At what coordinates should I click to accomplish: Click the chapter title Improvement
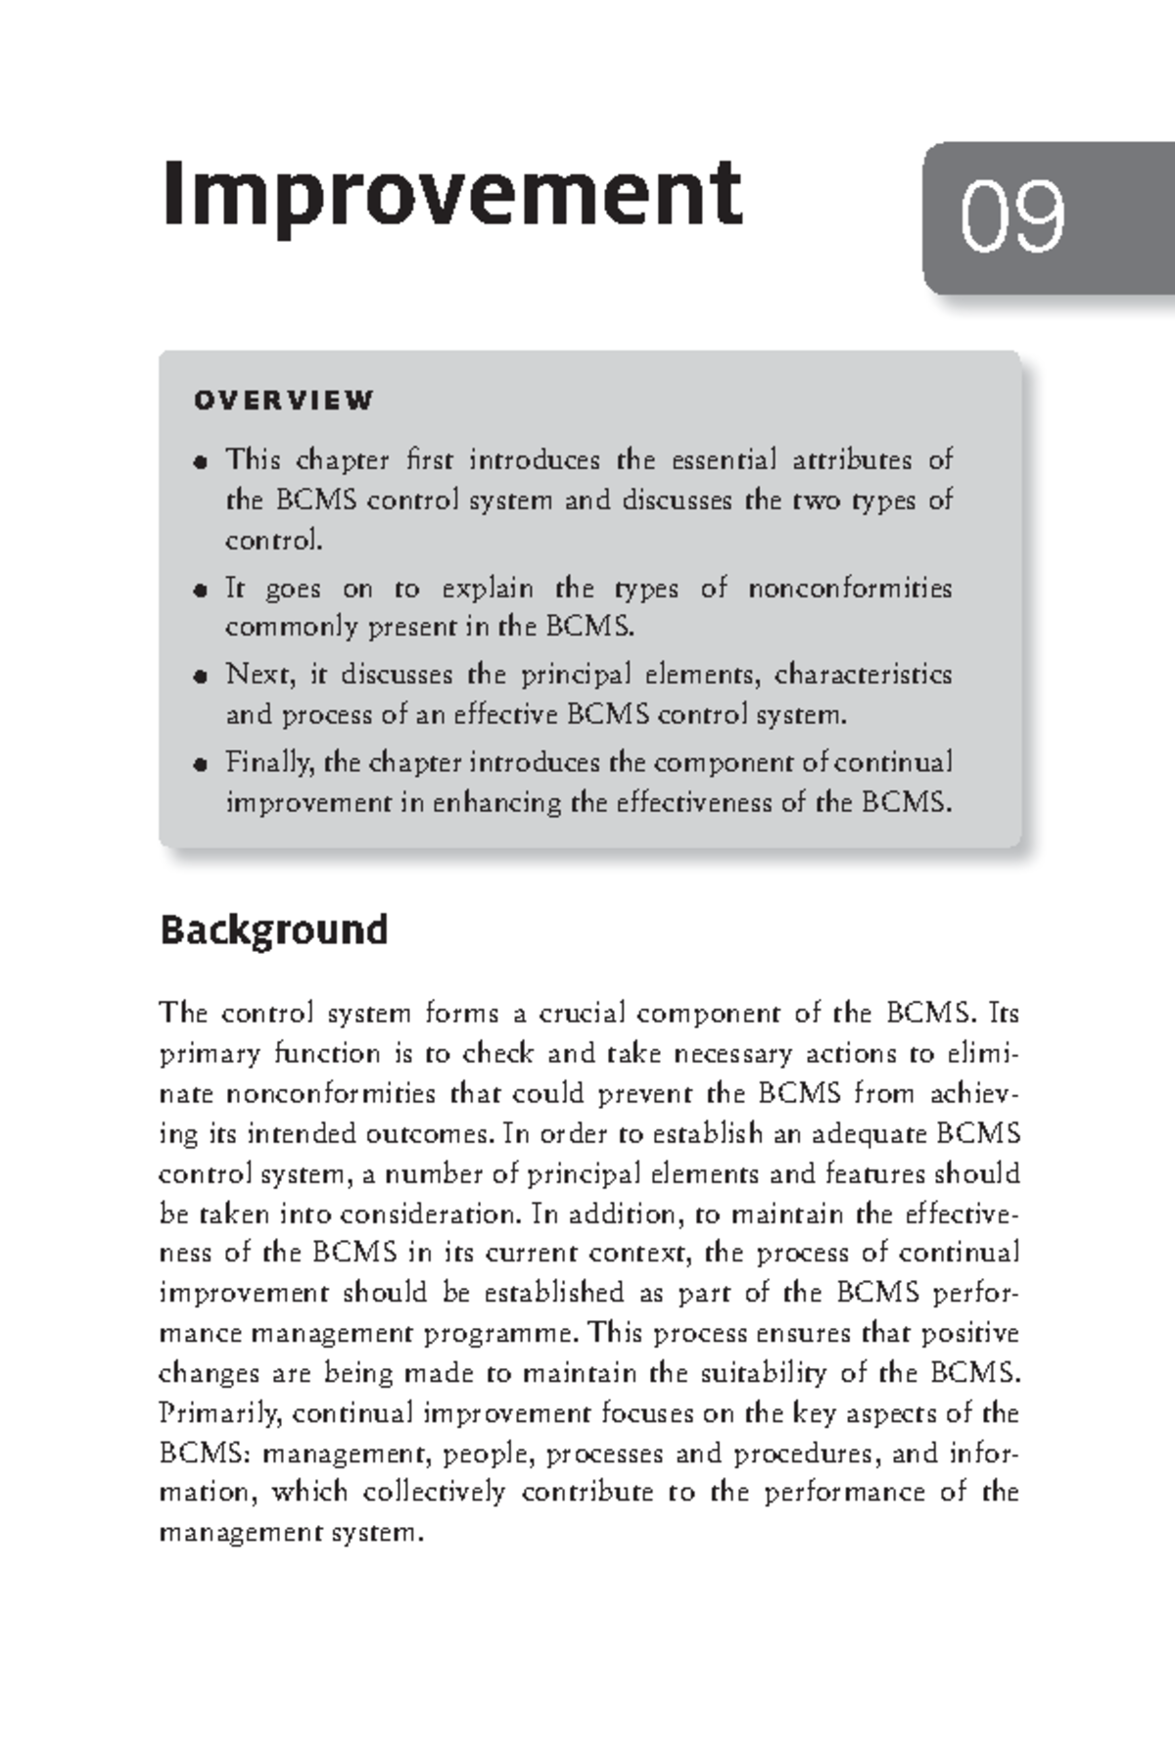(x=451, y=193)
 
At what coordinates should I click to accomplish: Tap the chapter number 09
(x=1011, y=217)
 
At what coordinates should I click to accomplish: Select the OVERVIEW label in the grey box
(x=284, y=401)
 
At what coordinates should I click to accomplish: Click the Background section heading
(x=273, y=929)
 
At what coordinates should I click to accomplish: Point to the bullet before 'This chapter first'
(x=201, y=461)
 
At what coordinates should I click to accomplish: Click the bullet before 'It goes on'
(x=201, y=590)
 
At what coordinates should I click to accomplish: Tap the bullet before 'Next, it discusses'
(x=201, y=676)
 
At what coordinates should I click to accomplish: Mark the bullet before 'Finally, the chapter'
(x=201, y=763)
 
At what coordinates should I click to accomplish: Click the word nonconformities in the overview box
(x=849, y=589)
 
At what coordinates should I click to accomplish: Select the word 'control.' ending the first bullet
(x=273, y=540)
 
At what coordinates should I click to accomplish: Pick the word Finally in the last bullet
(x=257, y=762)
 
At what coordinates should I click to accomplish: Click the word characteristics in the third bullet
(x=863, y=675)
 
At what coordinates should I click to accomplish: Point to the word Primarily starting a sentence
(x=220, y=1413)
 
